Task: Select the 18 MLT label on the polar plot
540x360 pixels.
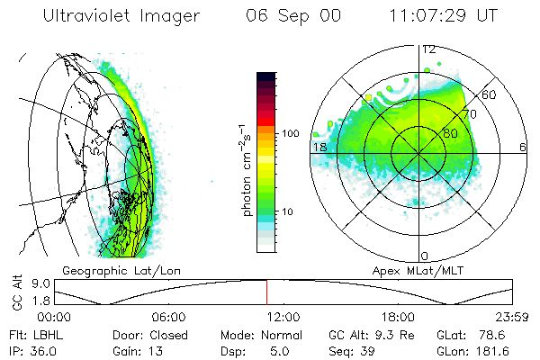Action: (x=318, y=146)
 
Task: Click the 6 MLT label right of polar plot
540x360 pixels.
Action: (x=523, y=146)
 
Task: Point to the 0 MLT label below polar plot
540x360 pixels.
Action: (x=425, y=256)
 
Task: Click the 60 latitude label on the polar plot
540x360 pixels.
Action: (x=490, y=94)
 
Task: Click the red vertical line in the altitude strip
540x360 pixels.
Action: (x=266, y=292)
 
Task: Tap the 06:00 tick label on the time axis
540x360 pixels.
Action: (x=168, y=317)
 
